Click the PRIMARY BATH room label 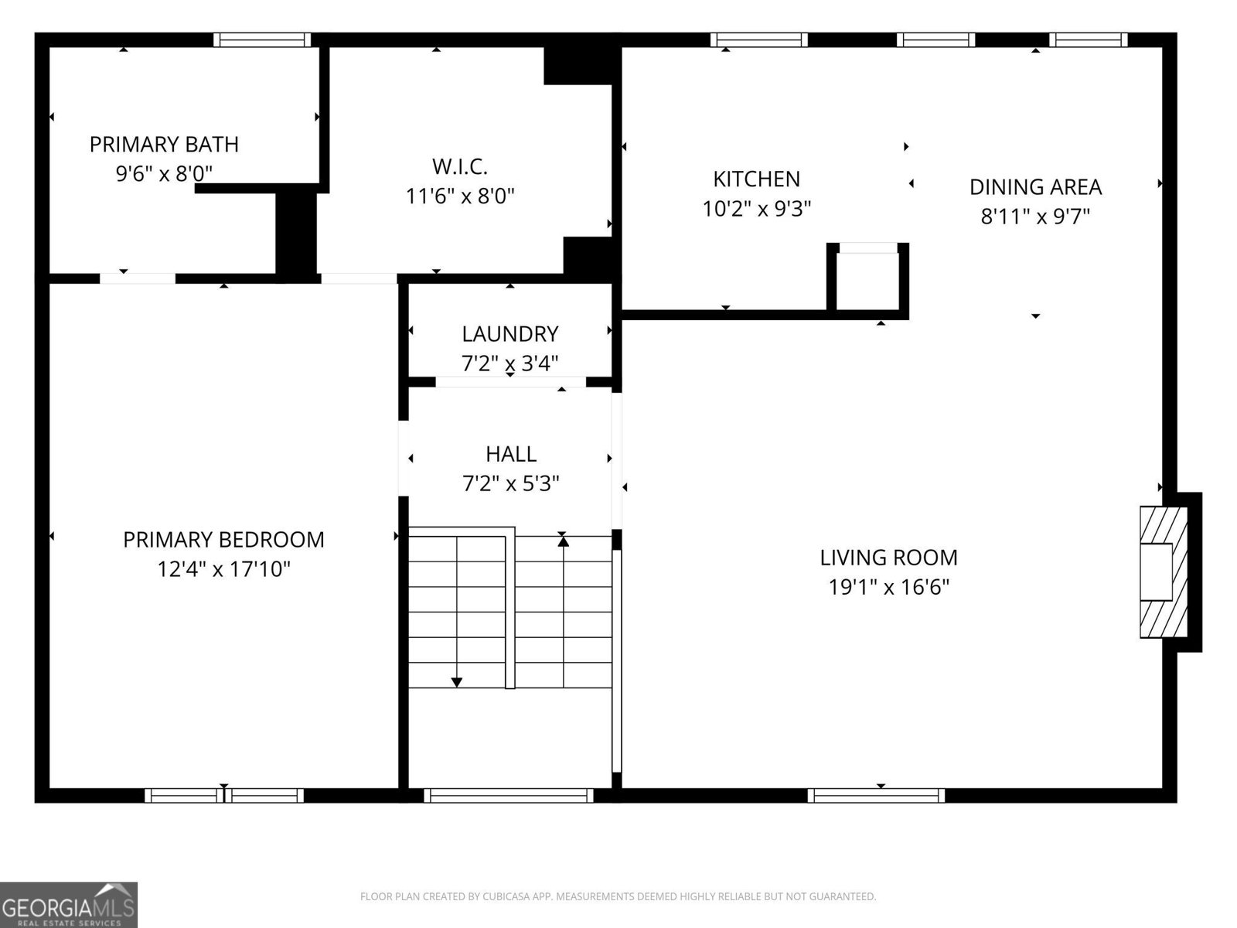(164, 145)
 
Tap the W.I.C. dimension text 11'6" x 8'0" (460, 196)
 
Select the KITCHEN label (756, 179)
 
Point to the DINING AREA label (1035, 187)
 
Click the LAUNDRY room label (509, 334)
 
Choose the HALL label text (511, 454)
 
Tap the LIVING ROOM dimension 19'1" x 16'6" (888, 588)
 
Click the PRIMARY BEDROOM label (223, 540)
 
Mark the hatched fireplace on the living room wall (1163, 572)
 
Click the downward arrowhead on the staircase (457, 682)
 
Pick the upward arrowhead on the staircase (563, 541)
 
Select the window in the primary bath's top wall (262, 40)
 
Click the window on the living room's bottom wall (876, 795)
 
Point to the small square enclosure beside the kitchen (867, 280)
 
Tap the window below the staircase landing (509, 795)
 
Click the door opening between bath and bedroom (138, 278)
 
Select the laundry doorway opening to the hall (510, 382)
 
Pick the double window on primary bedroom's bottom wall (224, 795)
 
